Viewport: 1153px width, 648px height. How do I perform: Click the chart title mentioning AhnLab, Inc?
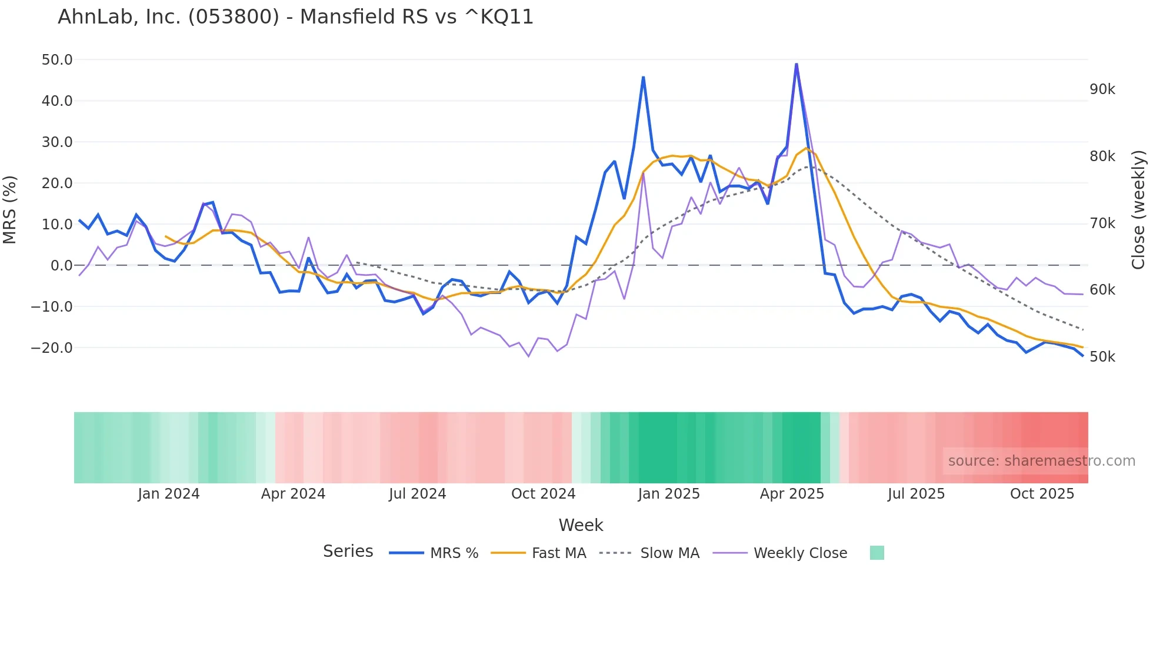295,17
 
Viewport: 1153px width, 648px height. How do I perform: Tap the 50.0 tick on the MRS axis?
57,60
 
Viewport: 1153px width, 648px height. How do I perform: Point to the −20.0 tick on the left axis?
52,348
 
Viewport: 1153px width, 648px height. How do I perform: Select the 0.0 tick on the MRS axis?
61,265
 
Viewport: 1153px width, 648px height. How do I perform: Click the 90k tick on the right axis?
1102,89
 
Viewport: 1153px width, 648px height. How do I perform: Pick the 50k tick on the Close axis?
1102,357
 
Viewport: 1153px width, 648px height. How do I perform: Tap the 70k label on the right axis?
1102,223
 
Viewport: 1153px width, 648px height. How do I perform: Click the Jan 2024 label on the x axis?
169,494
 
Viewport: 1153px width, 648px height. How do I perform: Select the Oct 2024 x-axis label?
543,494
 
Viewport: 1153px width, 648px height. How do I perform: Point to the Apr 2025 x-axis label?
792,494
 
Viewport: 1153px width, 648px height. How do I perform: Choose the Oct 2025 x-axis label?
1042,494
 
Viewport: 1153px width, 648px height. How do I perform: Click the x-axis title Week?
581,525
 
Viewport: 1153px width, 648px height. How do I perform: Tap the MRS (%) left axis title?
10,209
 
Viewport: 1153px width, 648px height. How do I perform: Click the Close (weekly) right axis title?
1138,209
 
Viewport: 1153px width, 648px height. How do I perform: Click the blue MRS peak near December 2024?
643,78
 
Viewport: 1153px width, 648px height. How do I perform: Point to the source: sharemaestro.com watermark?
1041,461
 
